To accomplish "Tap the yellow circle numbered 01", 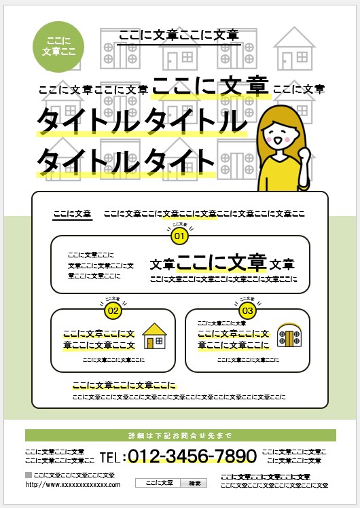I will pyautogui.click(x=179, y=236).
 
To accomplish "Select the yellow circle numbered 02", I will pyautogui.click(x=113, y=311).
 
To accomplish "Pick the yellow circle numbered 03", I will pyautogui.click(x=248, y=311).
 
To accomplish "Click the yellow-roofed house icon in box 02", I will pyautogui.click(x=155, y=335).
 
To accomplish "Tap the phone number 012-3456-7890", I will pyautogui.click(x=192, y=456).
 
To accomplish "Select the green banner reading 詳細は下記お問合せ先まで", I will pyautogui.click(x=180, y=435).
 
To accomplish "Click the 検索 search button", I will pyautogui.click(x=194, y=483).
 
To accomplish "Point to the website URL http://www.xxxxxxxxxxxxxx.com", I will pyautogui.click(x=73, y=484).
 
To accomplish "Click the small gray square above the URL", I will pyautogui.click(x=28, y=475).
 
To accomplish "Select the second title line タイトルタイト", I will pyautogui.click(x=126, y=162).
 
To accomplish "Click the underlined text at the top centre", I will pyautogui.click(x=178, y=35).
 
